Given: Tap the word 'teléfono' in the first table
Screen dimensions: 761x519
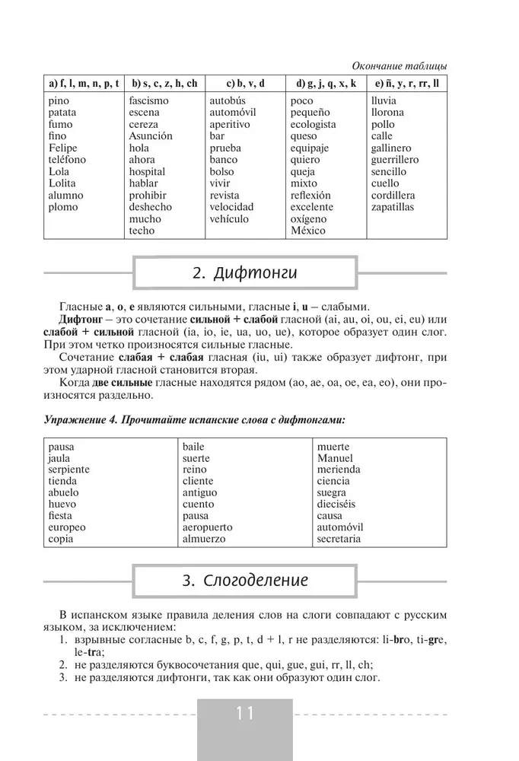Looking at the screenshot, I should pos(67,160).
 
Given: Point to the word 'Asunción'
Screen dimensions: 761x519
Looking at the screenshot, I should pos(151,136).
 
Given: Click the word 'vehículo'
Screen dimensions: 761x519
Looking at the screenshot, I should pos(229,219).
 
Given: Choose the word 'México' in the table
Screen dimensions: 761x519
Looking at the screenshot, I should pos(308,231).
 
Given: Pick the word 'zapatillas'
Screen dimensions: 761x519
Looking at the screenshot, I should pos(393,207).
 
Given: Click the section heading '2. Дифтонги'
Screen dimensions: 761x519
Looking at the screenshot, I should pos(244,273).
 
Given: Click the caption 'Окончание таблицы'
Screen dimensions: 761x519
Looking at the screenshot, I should pos(401,66).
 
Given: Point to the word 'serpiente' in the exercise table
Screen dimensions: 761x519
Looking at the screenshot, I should pos(68,470).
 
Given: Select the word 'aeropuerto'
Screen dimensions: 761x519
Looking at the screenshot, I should pos(207,527).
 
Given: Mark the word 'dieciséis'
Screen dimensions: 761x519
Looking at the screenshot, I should pos(339,504).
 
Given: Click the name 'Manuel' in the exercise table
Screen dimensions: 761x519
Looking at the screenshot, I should pos(335,458).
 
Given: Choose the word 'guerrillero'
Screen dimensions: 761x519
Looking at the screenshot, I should pos(395,160).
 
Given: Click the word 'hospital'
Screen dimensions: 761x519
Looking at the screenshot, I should pos(147,172).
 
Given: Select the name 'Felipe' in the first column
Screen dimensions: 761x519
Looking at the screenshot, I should pos(63,148).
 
